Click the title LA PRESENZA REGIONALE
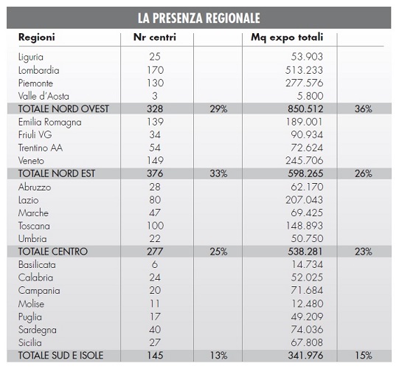point(198,18)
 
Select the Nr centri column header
point(155,37)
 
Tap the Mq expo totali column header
point(287,38)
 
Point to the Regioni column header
point(37,38)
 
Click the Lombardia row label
point(38,70)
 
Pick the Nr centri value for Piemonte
point(155,83)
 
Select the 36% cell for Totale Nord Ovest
point(364,109)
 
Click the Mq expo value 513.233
point(304,70)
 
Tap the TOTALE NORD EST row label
point(57,173)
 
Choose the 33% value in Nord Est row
point(218,173)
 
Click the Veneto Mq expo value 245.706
point(305,160)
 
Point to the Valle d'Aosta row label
point(44,96)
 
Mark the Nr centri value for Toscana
point(155,226)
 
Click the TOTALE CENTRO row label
point(53,252)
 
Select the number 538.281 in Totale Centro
point(305,252)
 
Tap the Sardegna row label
point(38,330)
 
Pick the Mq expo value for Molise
point(307,303)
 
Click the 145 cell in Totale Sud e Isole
point(155,356)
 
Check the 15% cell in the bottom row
point(364,356)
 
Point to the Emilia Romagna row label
point(50,123)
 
